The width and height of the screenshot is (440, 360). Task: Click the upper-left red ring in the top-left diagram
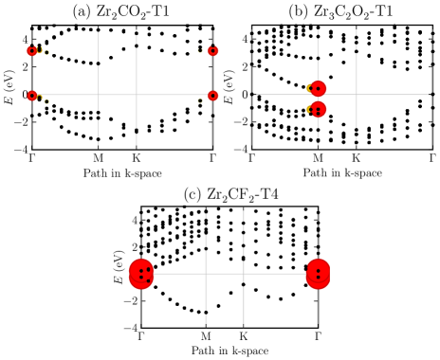[31, 51]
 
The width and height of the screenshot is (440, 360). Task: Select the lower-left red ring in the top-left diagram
[32, 96]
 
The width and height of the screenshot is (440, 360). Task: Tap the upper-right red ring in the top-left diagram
[212, 51]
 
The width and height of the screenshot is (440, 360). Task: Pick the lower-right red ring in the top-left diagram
[212, 96]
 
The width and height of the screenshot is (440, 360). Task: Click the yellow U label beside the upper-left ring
[40, 50]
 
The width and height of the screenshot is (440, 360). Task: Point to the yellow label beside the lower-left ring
[43, 99]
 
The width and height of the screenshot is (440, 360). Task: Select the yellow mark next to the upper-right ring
[200, 51]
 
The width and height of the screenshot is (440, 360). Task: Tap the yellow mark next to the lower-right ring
[200, 100]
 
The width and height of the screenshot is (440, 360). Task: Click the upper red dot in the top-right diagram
[319, 88]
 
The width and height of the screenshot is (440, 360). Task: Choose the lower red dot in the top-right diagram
[319, 110]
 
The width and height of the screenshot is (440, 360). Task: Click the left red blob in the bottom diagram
[141, 274]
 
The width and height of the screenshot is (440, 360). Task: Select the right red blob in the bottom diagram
[318, 274]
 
